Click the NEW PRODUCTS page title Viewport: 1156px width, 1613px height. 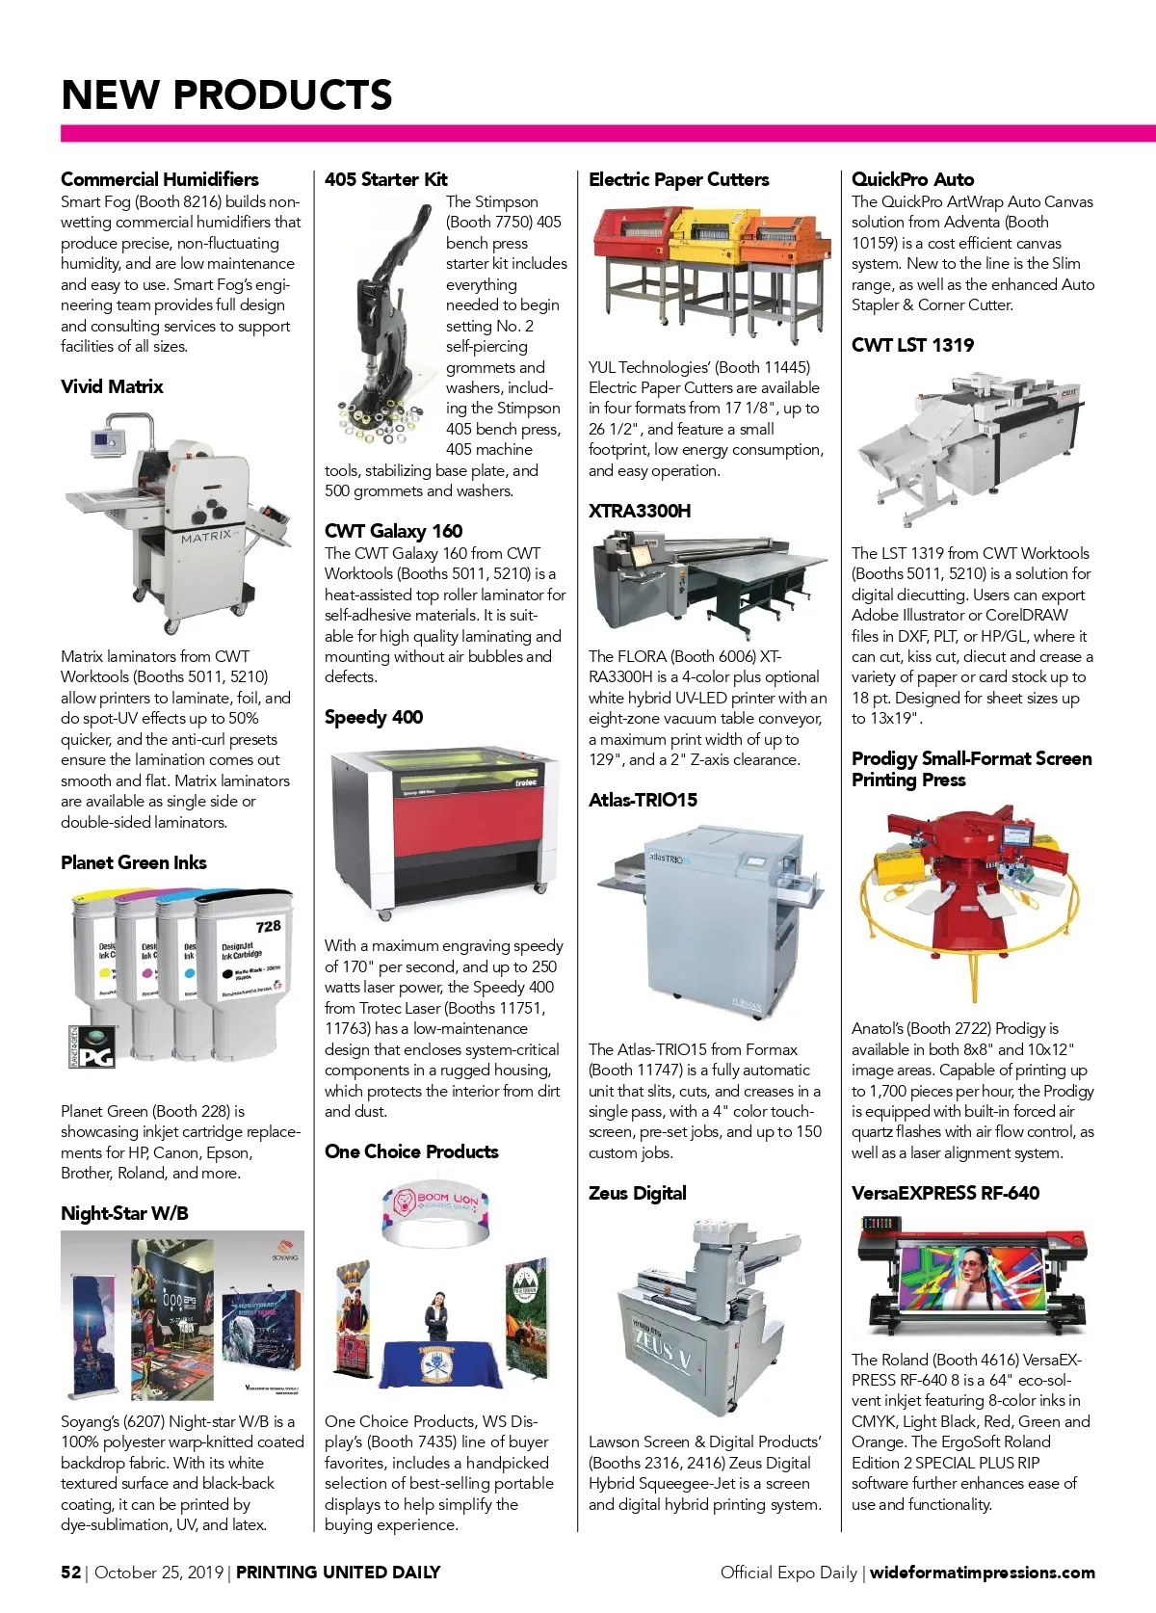(x=226, y=94)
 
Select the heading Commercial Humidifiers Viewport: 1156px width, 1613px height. (x=160, y=179)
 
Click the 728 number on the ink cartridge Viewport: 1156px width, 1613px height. (x=268, y=926)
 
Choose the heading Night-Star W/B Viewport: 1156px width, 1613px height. (x=124, y=1213)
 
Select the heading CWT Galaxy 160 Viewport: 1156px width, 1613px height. (x=393, y=531)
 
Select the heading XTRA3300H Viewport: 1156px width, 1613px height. (x=640, y=511)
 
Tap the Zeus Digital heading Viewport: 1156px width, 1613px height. (x=638, y=1193)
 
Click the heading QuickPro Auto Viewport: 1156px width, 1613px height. (x=912, y=179)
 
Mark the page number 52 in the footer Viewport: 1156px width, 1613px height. (x=71, y=1572)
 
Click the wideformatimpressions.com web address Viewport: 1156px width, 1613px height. (x=982, y=1573)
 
